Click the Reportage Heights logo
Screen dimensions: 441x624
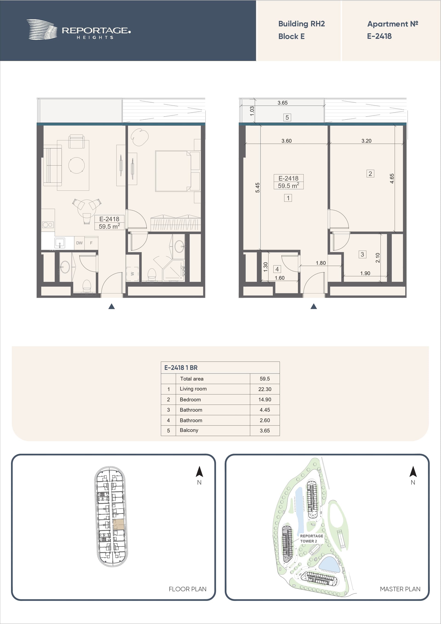tap(79, 30)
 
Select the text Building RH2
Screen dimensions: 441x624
tap(301, 24)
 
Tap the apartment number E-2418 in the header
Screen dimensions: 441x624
tap(379, 36)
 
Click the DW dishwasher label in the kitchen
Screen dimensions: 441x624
tap(79, 243)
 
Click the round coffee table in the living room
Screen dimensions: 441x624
tap(76, 165)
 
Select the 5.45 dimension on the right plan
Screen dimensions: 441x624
tap(257, 187)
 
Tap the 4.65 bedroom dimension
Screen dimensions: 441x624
tap(392, 179)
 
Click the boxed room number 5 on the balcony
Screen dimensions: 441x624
tap(287, 117)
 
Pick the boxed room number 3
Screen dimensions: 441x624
tap(362, 254)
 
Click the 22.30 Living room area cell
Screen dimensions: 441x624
tap(265, 389)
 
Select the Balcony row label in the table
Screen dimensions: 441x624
tap(189, 430)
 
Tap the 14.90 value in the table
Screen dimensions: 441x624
tap(265, 400)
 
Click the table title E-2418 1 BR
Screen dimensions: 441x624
tap(181, 368)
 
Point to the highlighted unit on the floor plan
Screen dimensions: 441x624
tap(119, 524)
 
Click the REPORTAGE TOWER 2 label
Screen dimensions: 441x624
tap(311, 538)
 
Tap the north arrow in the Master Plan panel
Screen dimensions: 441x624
tap(413, 472)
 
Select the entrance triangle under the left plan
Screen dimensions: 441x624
tap(111, 306)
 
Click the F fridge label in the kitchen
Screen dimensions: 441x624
tap(91, 243)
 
